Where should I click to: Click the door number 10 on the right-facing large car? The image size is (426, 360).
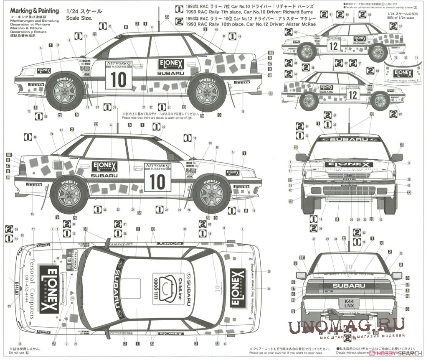[x=157, y=183]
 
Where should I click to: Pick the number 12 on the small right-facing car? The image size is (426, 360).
[x=352, y=94]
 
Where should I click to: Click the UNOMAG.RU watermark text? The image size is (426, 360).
[x=346, y=326]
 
